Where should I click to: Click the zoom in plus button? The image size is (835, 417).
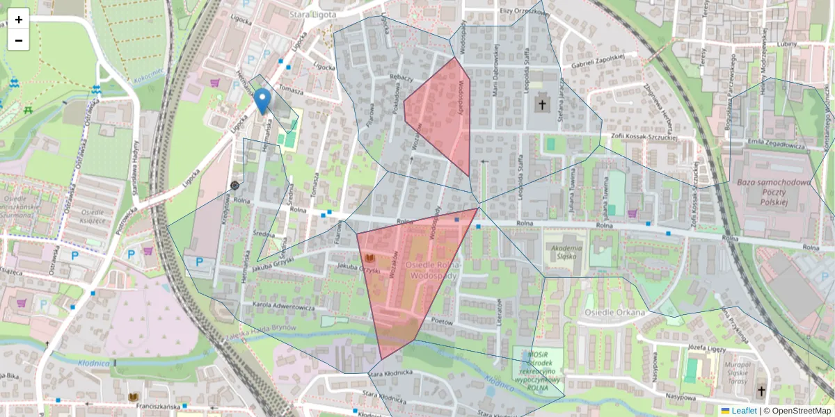19,19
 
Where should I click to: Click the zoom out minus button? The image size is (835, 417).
19,40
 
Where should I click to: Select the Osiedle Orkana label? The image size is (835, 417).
615,312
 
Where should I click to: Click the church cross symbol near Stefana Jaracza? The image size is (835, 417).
541,105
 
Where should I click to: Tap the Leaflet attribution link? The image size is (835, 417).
744,411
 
